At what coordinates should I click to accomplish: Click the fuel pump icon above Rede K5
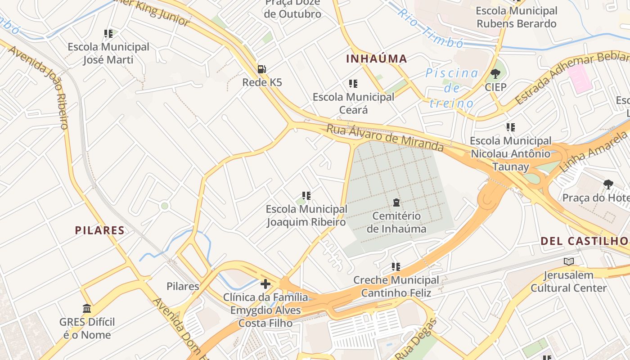261,69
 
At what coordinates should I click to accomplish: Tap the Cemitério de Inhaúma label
396,222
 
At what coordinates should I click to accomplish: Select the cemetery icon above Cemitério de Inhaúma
396,202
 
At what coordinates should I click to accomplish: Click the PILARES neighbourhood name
99,230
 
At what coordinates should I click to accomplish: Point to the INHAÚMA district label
376,58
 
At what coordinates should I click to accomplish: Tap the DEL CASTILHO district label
584,241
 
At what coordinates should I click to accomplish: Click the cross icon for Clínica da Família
265,284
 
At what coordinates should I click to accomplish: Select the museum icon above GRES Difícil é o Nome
87,309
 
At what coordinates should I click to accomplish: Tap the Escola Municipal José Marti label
108,53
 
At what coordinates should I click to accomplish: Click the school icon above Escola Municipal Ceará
353,84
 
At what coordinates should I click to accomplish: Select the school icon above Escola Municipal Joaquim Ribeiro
306,196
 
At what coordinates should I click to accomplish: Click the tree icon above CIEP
495,73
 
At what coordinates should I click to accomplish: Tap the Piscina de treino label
451,88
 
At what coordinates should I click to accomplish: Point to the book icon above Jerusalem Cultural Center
569,261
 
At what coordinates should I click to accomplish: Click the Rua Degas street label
414,339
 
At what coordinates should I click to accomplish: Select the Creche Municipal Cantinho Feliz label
396,287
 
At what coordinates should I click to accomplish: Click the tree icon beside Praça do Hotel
608,184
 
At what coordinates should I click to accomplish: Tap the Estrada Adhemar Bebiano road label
571,77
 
